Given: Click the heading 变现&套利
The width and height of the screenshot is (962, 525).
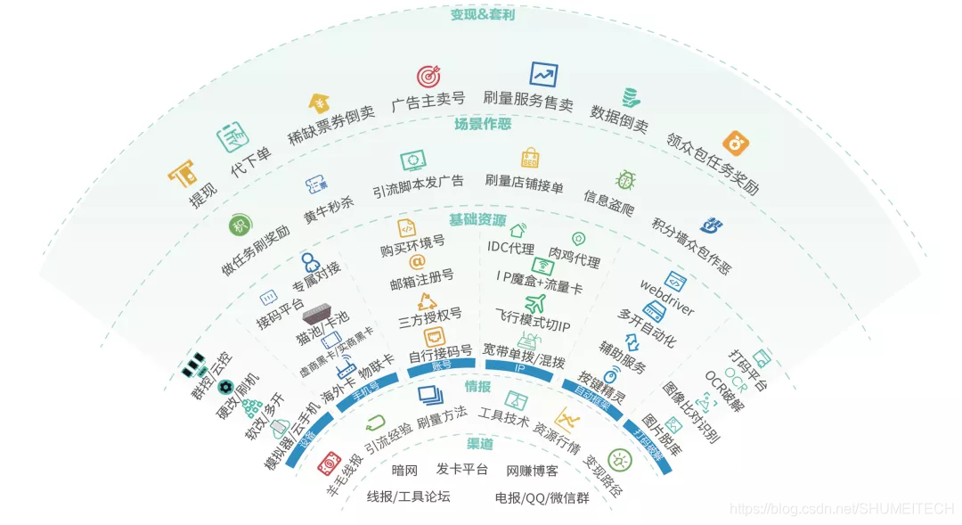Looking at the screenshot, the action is click(x=482, y=15).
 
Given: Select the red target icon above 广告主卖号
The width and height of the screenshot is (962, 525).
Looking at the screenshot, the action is click(x=428, y=77).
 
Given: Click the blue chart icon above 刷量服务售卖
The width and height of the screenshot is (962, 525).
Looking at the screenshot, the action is click(x=543, y=74).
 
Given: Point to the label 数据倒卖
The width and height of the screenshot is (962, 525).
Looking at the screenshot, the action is click(x=619, y=117).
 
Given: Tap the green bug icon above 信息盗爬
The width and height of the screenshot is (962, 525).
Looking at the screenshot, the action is click(x=625, y=180).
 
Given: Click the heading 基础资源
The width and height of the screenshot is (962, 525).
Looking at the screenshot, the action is click(x=477, y=219).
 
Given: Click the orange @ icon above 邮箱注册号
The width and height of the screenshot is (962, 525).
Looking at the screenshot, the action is click(x=417, y=261).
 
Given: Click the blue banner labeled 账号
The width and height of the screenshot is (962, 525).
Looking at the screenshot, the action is click(x=429, y=365).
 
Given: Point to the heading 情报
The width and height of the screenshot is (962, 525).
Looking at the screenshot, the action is click(x=477, y=386).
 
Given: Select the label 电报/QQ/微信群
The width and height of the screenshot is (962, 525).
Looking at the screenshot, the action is click(x=542, y=497).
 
